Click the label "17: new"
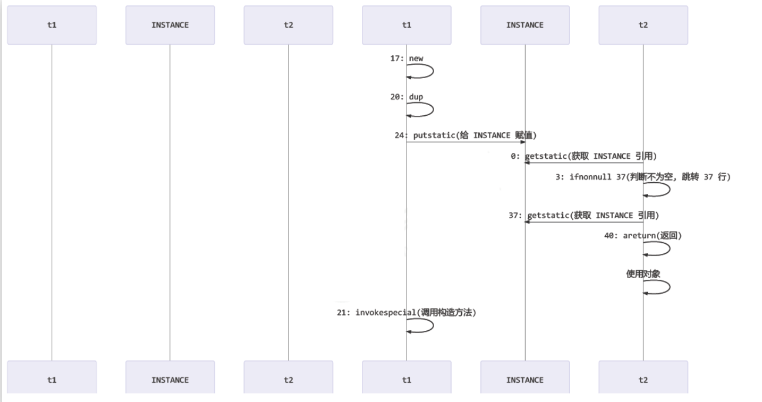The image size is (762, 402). pyautogui.click(x=407, y=59)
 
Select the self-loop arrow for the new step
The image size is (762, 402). pyautogui.click(x=432, y=71)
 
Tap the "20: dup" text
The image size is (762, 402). pyautogui.click(x=407, y=97)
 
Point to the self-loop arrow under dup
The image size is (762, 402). pyautogui.click(x=432, y=109)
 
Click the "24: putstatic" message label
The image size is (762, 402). pyautogui.click(x=465, y=135)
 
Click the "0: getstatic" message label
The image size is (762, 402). pyautogui.click(x=583, y=156)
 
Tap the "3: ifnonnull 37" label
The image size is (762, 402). pyautogui.click(x=643, y=177)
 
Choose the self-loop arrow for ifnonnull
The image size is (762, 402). pyautogui.click(x=669, y=189)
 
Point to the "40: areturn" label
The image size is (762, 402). pyautogui.click(x=643, y=236)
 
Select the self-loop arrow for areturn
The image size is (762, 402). pyautogui.click(x=669, y=249)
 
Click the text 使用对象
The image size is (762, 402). pyautogui.click(x=643, y=274)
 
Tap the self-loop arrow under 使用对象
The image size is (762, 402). pyautogui.click(x=669, y=287)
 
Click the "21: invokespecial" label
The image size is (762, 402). pyautogui.click(x=407, y=313)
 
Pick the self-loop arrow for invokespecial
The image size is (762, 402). pyautogui.click(x=432, y=326)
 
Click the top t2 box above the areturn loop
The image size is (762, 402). pyautogui.click(x=643, y=25)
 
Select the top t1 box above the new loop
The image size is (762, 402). pyautogui.click(x=407, y=25)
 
